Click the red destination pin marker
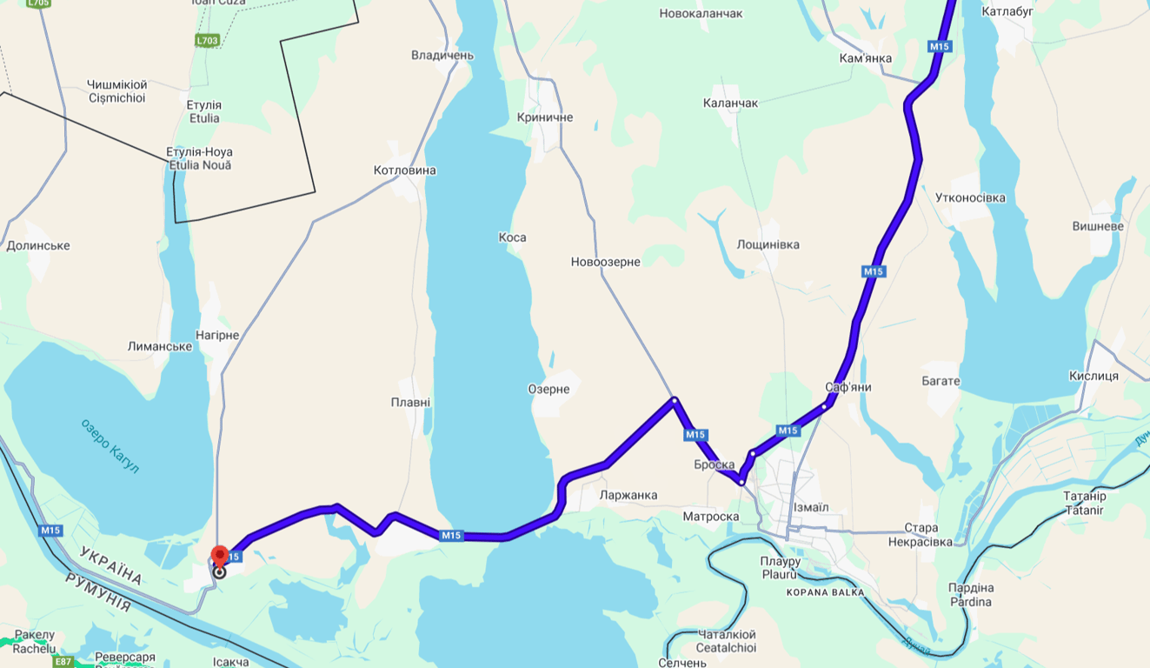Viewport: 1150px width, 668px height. [x=220, y=555]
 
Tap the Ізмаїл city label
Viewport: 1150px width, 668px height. [x=811, y=507]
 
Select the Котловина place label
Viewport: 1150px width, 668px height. [x=404, y=170]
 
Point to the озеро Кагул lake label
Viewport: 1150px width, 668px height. [x=110, y=446]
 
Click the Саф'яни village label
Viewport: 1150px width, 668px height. [x=848, y=387]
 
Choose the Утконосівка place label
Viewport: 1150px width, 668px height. [x=970, y=197]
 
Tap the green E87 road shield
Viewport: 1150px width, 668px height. [x=63, y=662]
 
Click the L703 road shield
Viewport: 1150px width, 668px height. [x=207, y=40]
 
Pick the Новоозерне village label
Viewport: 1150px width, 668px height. [x=605, y=262]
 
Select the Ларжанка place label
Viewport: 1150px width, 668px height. [x=628, y=495]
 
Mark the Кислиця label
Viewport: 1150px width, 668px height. [x=1093, y=376]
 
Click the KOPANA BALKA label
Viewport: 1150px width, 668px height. [x=825, y=592]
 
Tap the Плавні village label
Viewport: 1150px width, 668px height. [x=410, y=403]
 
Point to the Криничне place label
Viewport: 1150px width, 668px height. [x=545, y=117]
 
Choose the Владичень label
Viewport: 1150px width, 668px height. [x=442, y=56]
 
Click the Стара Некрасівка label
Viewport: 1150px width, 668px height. [x=921, y=535]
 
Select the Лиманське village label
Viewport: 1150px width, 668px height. [x=160, y=346]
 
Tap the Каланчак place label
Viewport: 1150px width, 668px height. [x=730, y=104]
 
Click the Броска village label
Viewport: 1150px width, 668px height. [x=714, y=465]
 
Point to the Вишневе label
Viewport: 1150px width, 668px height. [x=1098, y=226]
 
